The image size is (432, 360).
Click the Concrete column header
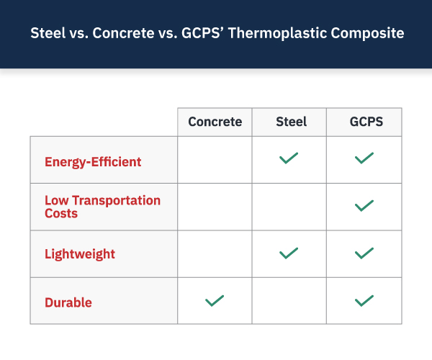click(215, 122)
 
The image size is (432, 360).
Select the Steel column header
click(291, 122)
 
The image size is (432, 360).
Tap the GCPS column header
click(366, 122)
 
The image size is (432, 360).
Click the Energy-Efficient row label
click(93, 162)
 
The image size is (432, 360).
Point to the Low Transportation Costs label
click(102, 207)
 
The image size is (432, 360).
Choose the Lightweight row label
click(80, 254)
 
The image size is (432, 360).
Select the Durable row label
click(68, 302)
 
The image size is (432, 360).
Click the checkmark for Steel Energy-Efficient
click(289, 158)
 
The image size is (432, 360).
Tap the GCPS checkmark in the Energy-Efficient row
click(364, 158)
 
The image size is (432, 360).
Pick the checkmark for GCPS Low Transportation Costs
click(364, 206)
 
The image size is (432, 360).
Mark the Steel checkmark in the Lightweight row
click(289, 253)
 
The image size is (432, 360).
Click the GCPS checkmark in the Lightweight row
click(364, 253)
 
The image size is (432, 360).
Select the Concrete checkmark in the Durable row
click(215, 301)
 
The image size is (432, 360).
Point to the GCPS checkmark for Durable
click(364, 301)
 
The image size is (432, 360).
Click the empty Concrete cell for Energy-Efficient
click(215, 160)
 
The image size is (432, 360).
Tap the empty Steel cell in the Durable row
click(289, 301)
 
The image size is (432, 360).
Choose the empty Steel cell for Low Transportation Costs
click(289, 207)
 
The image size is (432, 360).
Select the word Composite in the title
click(367, 33)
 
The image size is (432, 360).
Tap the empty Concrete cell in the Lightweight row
click(215, 254)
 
